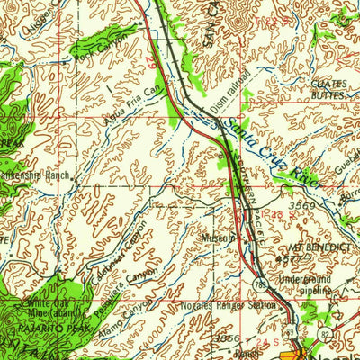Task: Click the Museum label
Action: [x=219, y=238]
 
